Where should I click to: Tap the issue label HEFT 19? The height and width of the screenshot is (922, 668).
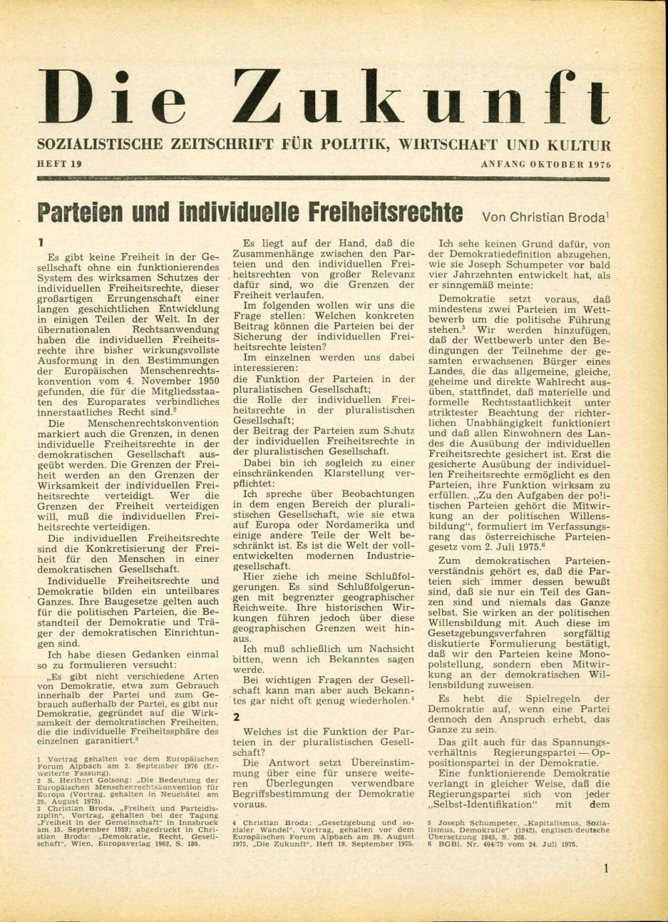(x=59, y=164)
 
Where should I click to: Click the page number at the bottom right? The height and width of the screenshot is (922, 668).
(x=606, y=869)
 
